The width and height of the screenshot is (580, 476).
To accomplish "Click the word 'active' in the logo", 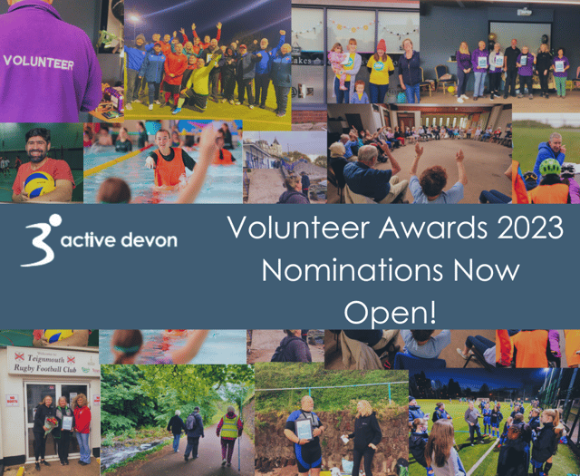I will tap(93, 240).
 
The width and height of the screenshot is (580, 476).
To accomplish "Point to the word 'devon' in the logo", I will tap(150, 240).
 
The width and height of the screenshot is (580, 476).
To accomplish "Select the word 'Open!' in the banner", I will tap(390, 311).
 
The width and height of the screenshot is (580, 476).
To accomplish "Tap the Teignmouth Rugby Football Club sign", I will tap(53, 363).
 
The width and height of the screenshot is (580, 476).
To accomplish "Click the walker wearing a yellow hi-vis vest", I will tap(228, 429).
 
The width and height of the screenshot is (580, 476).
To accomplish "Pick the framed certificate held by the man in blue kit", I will tap(304, 430).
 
